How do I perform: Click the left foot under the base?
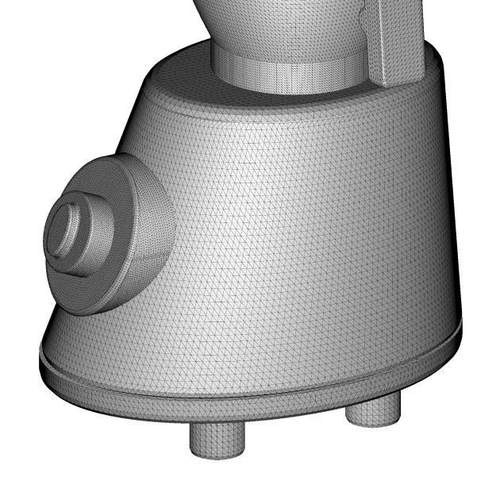tap(217, 440)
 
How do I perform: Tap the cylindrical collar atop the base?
tap(286, 75)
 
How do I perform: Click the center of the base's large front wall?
tap(302, 238)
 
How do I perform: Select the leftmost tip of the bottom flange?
tap(41, 357)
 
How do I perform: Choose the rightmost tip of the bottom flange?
tap(460, 327)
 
